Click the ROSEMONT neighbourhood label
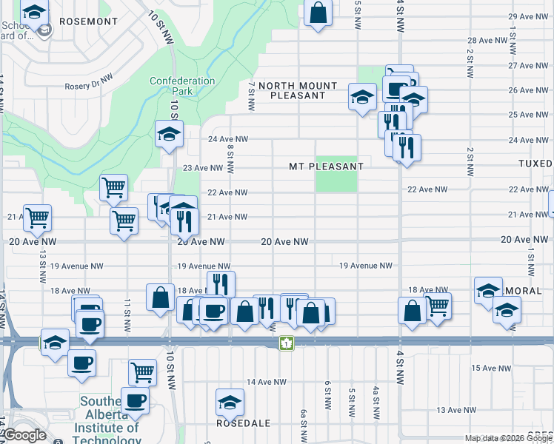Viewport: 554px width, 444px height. (88, 21)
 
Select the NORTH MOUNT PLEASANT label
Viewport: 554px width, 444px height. (298, 91)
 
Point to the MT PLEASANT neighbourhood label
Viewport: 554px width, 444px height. (326, 167)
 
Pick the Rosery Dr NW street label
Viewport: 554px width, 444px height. (88, 76)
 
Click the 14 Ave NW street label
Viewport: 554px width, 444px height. (266, 382)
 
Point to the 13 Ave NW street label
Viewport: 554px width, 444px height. (456, 410)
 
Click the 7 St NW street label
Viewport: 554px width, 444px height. (252, 97)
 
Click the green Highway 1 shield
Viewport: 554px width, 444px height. (285, 343)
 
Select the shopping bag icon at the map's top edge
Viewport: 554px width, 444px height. (318, 13)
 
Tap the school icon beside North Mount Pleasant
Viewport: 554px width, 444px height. (362, 97)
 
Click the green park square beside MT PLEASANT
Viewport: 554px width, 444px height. (336, 180)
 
